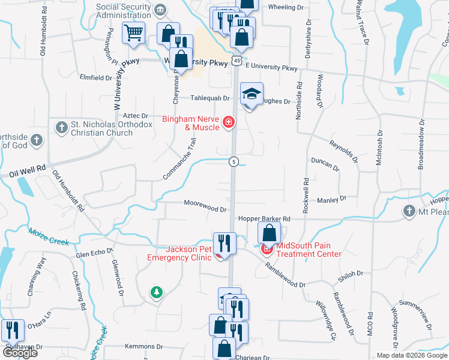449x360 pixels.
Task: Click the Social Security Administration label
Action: pos(124,10)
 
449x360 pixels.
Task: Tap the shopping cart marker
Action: pos(133,33)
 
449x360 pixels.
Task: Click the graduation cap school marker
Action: pos(252,93)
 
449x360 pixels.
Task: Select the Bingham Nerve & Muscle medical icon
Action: pos(228,122)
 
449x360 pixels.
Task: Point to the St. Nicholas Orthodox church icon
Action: pos(61,127)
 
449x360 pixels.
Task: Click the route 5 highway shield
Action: pos(234,162)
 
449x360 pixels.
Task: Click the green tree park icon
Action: pos(157,292)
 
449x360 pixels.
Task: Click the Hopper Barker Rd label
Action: pos(264,219)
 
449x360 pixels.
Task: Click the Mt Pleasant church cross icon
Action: pos(409,211)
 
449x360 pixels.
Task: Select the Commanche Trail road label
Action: pos(179,159)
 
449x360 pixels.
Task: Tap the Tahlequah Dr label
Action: pos(210,98)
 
